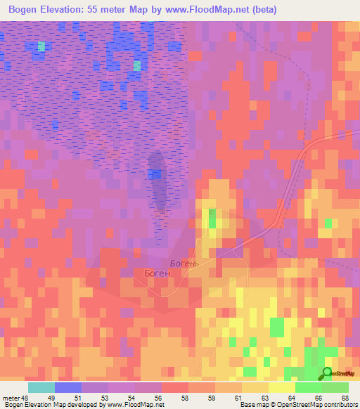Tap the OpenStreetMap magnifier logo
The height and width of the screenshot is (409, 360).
point(326,375)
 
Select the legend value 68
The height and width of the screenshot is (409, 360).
point(345,398)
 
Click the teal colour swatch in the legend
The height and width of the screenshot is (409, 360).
point(41,387)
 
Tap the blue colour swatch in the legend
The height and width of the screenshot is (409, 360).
point(68,387)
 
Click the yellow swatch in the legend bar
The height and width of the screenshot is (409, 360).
point(282,387)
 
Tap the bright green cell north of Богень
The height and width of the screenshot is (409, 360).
point(212,219)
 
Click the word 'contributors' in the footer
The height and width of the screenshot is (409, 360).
point(339,405)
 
